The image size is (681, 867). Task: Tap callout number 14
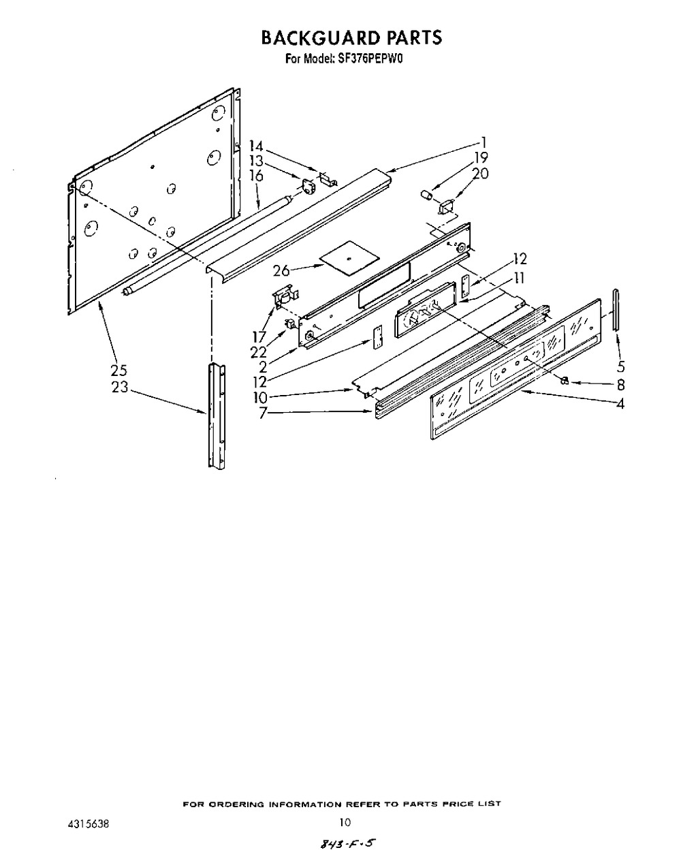tap(256, 146)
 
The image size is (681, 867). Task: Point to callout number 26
tap(281, 271)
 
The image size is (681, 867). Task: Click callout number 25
tap(119, 371)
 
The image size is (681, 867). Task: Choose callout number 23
tap(120, 387)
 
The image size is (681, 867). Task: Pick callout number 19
tap(481, 158)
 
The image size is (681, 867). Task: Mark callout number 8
tap(621, 385)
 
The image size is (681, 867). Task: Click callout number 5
tap(621, 366)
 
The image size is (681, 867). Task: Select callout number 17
tap(259, 338)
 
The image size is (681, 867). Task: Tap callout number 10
tap(260, 397)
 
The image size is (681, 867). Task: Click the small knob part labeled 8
tap(565, 381)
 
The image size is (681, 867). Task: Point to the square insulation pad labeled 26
tap(349, 259)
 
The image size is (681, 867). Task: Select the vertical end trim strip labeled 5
tap(616, 310)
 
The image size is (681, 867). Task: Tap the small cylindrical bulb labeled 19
tap(427, 195)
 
